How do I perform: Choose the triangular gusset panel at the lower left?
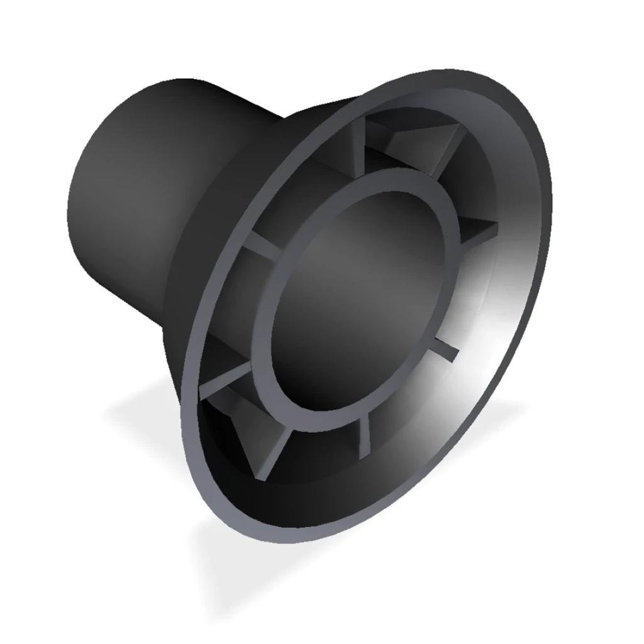252,434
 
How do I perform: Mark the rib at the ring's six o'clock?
365,434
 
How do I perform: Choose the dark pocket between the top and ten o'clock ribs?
302,189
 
